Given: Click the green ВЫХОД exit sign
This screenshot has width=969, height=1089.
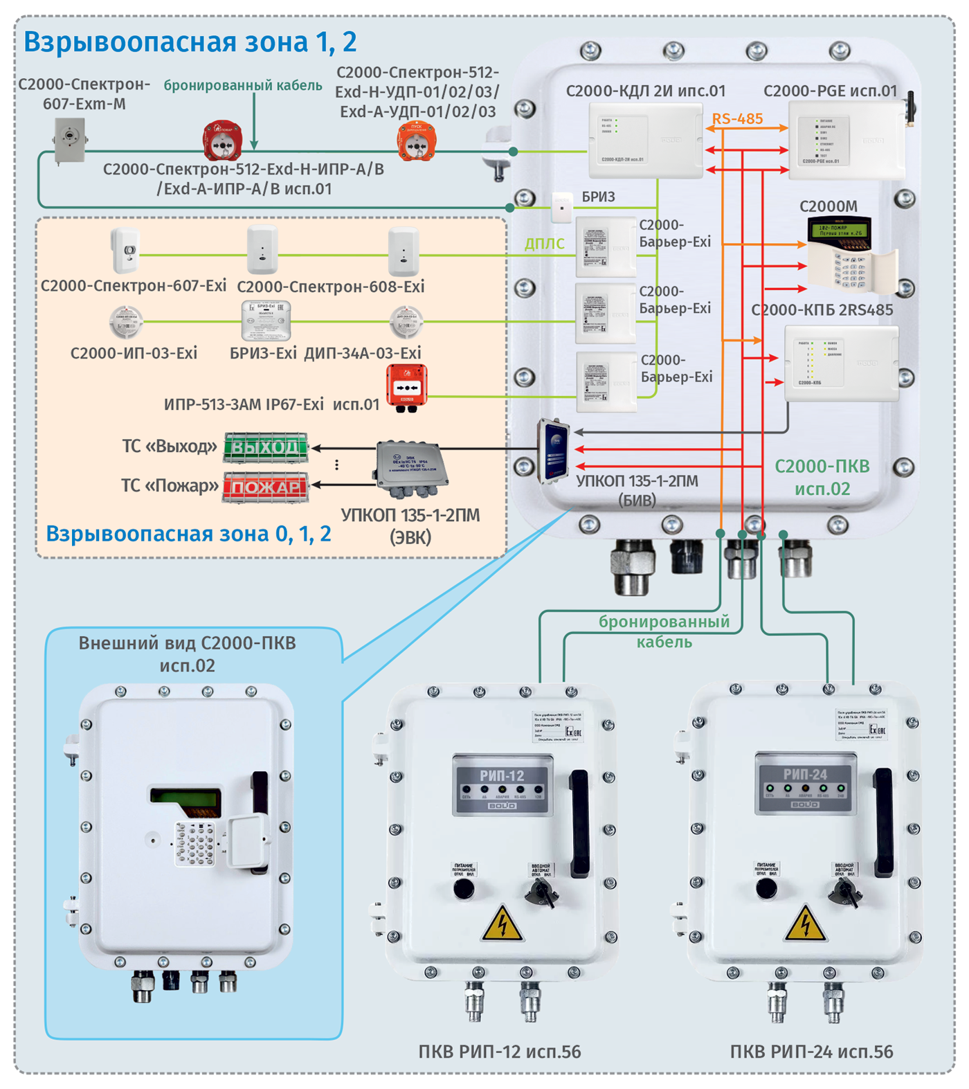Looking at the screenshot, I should pos(266,447).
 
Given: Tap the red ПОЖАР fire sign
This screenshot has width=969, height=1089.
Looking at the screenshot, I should pos(266,487).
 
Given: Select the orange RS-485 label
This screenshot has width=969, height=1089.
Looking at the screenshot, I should pos(738,119).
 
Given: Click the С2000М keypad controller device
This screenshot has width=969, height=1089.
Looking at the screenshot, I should pos(849,255).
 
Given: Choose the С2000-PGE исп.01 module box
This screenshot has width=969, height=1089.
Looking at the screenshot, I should pos(846,141).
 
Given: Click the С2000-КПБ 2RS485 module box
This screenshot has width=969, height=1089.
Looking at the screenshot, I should pos(840,363).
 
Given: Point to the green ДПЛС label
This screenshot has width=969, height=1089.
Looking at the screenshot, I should pos(545,244).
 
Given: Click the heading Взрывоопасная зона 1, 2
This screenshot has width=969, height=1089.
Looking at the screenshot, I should pos(190,42).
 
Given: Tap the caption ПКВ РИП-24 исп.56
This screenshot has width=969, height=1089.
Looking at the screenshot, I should pos(811,1052).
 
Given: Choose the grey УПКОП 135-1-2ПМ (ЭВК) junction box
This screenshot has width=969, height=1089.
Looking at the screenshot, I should pos(410,469).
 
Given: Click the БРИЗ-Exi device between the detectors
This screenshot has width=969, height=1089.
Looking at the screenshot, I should pos(266,321).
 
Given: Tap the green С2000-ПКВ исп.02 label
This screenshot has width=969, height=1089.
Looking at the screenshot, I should pos(822,477).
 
